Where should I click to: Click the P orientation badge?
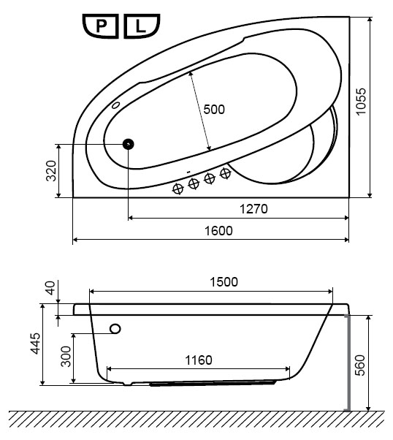(100, 26)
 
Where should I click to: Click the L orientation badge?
(142, 26)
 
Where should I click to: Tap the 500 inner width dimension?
(214, 109)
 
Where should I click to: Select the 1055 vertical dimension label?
(361, 102)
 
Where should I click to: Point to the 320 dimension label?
(51, 170)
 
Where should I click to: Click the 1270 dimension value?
(253, 209)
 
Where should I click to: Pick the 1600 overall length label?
(218, 231)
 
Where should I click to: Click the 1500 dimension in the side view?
(224, 282)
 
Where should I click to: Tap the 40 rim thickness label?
(50, 288)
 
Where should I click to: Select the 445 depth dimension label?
(36, 344)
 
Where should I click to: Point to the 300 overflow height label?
(66, 357)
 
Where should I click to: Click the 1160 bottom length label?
(199, 360)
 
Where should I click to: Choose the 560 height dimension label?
(360, 365)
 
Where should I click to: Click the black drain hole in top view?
(128, 144)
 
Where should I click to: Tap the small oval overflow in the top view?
(115, 105)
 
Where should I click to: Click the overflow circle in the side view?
(115, 329)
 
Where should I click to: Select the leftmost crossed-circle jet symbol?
(178, 189)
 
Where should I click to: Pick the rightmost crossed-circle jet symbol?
(225, 173)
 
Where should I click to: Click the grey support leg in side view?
(348, 363)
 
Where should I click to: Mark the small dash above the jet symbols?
(188, 171)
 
